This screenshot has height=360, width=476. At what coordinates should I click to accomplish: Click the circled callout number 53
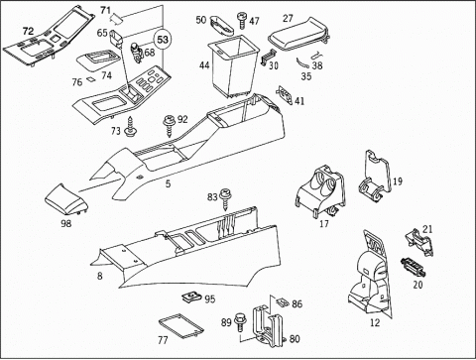pos(163,40)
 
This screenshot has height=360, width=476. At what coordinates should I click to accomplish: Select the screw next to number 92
pos(170,126)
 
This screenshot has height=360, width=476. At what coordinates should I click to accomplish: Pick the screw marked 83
pos(226,199)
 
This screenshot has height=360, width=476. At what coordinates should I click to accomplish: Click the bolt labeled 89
pos(240,322)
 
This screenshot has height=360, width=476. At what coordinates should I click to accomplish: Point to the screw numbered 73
pos(130,128)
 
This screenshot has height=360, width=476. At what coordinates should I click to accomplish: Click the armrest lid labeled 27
pos(297,34)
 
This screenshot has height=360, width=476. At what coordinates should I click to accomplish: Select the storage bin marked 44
pos(233,65)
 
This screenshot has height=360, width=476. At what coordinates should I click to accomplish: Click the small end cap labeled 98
pos(66,201)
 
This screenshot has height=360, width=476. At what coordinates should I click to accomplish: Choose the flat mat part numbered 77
pos(180,326)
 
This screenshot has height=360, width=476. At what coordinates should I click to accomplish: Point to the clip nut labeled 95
pos(191,298)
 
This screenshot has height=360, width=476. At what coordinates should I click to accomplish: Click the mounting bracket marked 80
pos(269,326)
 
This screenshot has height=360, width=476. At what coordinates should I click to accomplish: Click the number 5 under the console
pos(169,183)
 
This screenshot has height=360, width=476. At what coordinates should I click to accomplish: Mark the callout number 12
pos(375,322)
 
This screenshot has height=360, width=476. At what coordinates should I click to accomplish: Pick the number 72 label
pos(28,32)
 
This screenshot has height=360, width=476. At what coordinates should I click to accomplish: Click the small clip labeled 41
pos(286,95)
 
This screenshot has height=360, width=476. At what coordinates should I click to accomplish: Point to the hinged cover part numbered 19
pos(375,176)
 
